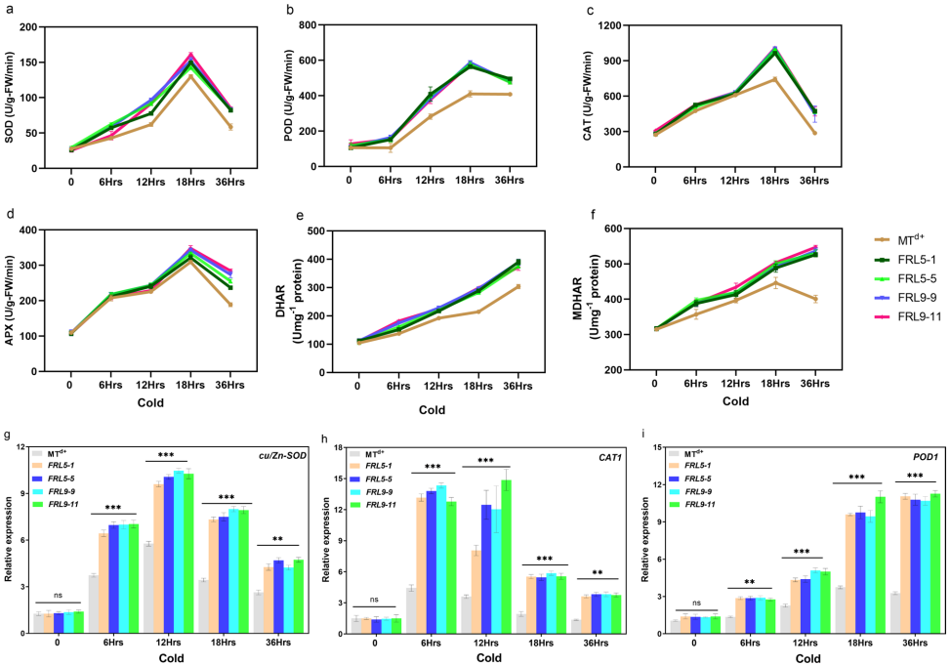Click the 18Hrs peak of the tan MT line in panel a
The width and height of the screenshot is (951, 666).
coord(191,76)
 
